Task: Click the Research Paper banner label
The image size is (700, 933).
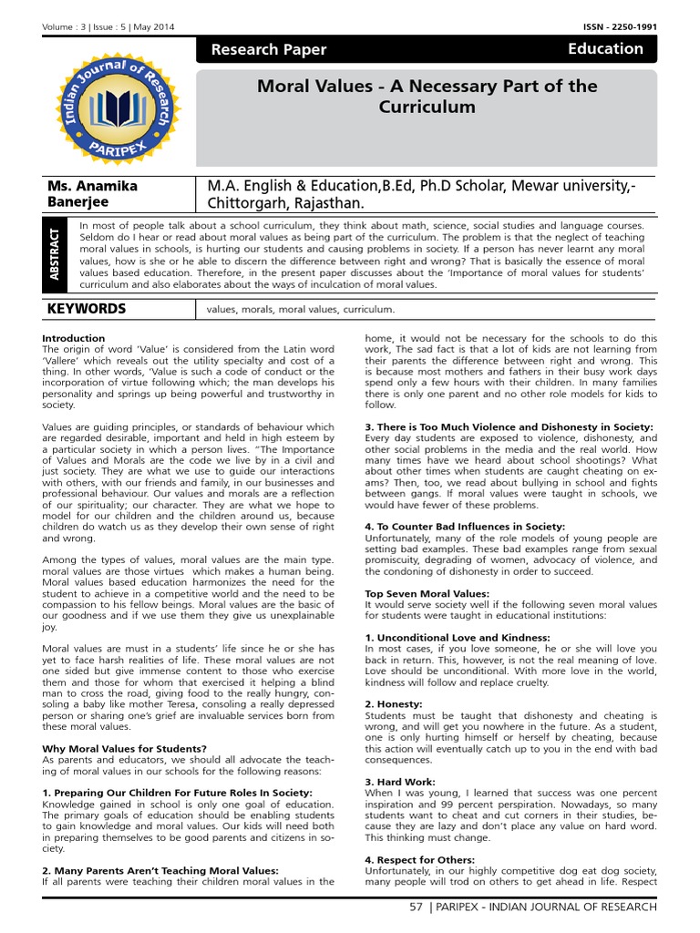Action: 269,50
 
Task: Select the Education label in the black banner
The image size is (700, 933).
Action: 605,49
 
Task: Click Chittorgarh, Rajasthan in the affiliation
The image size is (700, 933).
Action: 285,202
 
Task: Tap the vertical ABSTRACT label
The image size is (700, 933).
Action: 56,256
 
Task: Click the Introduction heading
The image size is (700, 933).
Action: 75,338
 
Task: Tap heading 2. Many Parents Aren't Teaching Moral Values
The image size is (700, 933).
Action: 160,871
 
